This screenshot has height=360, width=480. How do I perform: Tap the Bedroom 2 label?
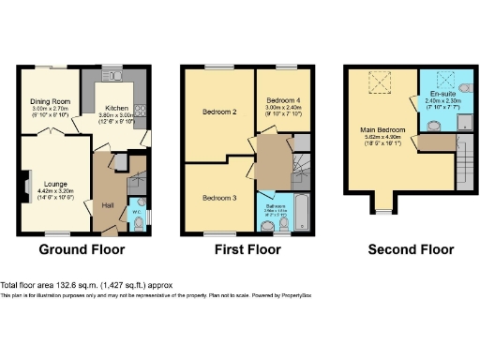tap(217, 113)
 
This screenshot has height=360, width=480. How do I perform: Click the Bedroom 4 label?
tap(281, 100)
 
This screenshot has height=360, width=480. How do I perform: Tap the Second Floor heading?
tap(412, 250)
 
